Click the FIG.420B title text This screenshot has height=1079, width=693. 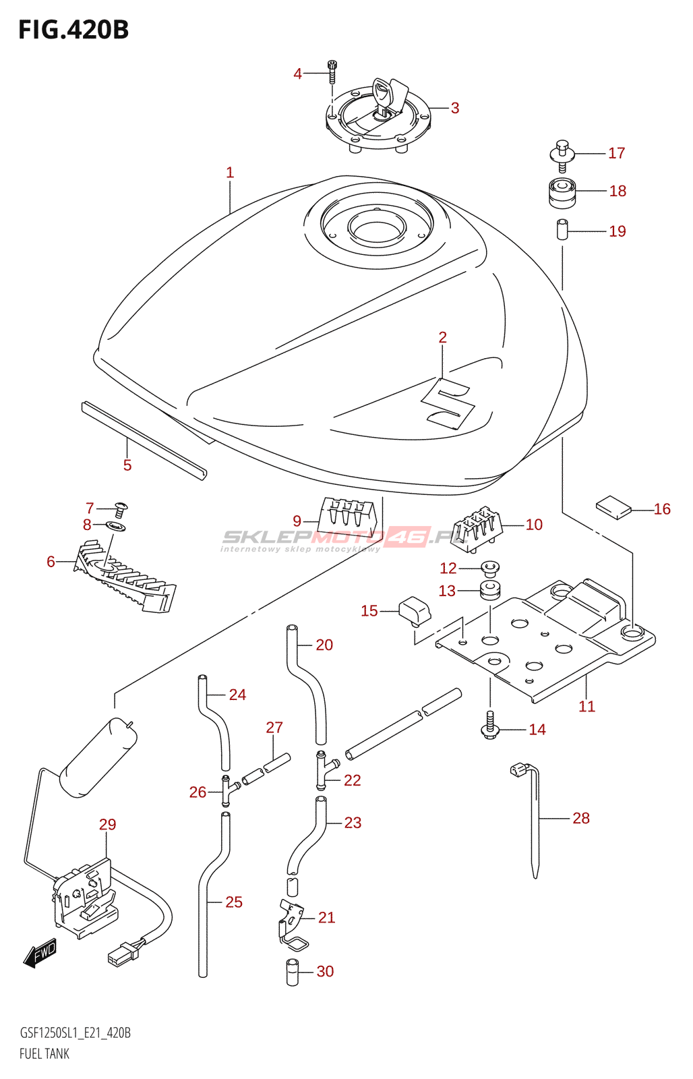click(x=73, y=30)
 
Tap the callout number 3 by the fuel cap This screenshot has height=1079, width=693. click(x=454, y=108)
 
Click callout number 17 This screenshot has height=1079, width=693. click(x=616, y=153)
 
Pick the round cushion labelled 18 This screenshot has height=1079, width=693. click(x=562, y=193)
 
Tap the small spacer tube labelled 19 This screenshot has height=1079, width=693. click(x=562, y=230)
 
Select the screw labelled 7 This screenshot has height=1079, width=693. click(x=121, y=509)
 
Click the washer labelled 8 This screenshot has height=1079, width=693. click(x=115, y=525)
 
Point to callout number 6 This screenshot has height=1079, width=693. click(x=51, y=562)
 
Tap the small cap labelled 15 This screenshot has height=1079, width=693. click(x=415, y=611)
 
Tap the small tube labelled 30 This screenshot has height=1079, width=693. click(x=293, y=972)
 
